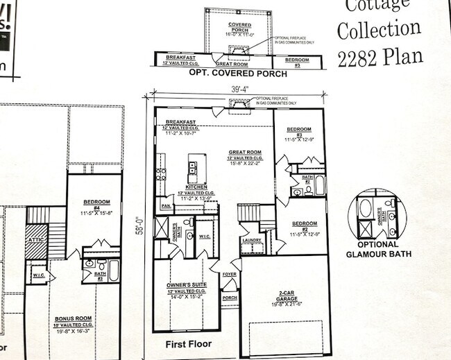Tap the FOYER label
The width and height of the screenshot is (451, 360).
[x=229, y=275]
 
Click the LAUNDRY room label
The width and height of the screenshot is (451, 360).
[x=251, y=241]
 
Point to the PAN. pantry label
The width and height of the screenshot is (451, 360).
[x=167, y=206]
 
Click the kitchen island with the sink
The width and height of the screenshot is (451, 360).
[x=192, y=169]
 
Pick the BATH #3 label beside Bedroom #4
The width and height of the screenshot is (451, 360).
[x=99, y=277]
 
